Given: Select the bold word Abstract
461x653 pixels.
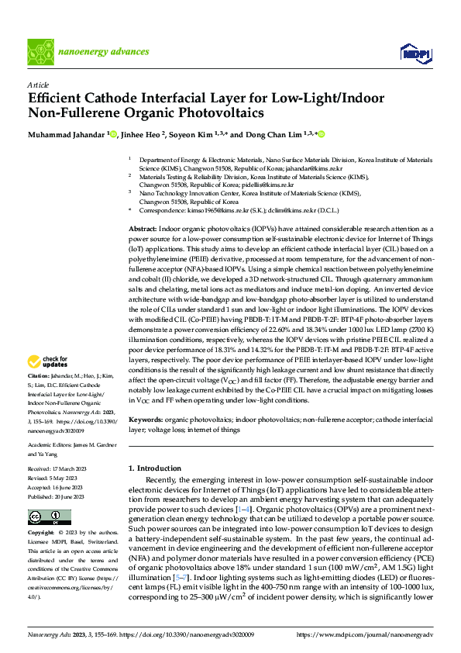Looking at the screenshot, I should [x=142, y=230].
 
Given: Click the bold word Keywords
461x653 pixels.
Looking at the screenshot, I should [x=144, y=418].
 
